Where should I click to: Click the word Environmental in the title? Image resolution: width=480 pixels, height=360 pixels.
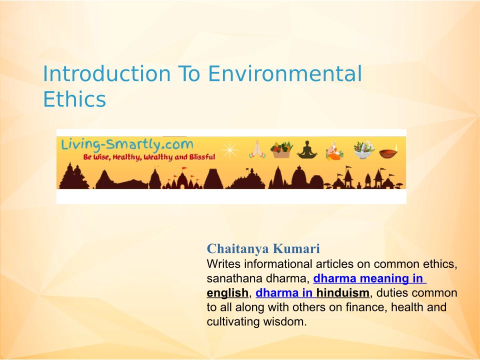click(x=285, y=74)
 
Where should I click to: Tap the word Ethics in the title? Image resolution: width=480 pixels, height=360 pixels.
click(x=74, y=99)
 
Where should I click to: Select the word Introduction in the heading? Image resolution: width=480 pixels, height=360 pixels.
click(x=106, y=74)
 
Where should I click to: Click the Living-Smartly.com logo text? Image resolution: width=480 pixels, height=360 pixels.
click(x=127, y=145)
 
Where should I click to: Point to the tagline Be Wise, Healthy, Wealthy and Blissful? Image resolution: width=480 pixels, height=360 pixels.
click(x=149, y=157)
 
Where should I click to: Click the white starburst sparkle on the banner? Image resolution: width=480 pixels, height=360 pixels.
click(x=230, y=150)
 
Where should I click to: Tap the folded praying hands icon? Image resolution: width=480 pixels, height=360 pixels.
click(x=257, y=149)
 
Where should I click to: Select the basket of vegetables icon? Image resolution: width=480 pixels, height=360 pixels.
click(x=281, y=149)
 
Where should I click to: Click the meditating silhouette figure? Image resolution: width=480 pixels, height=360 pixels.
click(x=307, y=149)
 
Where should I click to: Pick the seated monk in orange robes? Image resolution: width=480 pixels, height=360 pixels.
click(x=334, y=150)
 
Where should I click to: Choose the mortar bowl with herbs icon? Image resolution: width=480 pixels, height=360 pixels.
click(x=363, y=150)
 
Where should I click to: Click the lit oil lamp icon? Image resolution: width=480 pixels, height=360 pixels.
click(x=389, y=151)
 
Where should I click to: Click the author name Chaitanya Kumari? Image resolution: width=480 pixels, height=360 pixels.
click(x=263, y=248)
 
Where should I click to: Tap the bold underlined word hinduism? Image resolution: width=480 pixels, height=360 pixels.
click(x=343, y=292)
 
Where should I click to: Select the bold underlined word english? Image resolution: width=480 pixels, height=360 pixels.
click(x=227, y=293)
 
